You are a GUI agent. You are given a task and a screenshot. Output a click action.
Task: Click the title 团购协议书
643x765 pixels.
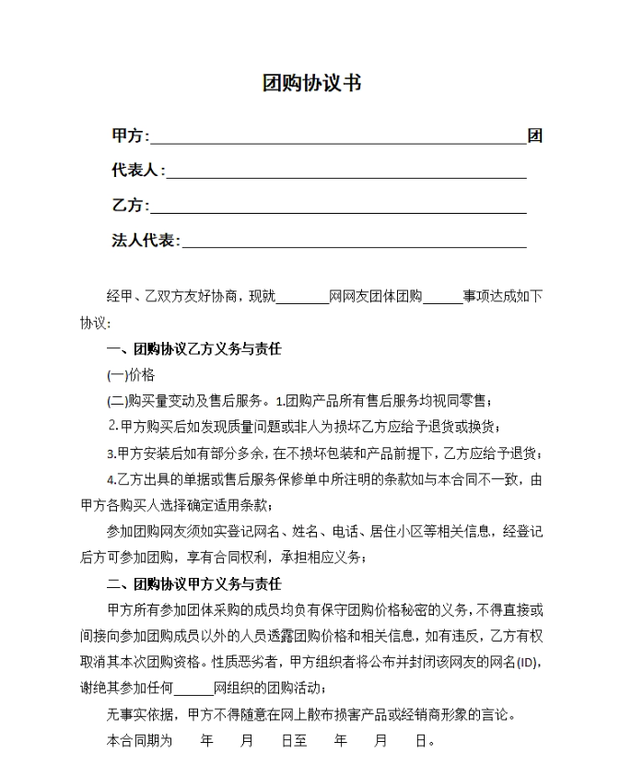[311, 84]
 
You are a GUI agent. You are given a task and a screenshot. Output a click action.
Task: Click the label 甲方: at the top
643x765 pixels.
[130, 136]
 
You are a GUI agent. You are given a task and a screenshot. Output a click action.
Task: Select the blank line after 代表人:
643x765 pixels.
[345, 171]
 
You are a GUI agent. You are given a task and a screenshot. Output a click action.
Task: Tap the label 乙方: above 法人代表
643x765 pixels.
[130, 206]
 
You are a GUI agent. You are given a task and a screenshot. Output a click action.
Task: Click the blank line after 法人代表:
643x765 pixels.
[354, 241]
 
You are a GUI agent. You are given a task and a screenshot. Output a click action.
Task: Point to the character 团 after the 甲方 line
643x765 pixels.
[534, 136]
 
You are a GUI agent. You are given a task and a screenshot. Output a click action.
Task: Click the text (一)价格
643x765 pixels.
[131, 375]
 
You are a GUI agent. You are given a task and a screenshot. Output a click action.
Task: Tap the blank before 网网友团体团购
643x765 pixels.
[302, 297]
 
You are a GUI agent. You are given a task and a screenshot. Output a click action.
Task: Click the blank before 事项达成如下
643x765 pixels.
[442, 297]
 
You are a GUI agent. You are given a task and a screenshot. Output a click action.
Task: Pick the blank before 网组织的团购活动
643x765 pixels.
[193, 688]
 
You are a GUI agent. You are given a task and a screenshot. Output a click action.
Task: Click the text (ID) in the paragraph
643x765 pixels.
[526, 663]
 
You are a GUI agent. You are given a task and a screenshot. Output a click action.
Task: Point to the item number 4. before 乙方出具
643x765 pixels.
[111, 480]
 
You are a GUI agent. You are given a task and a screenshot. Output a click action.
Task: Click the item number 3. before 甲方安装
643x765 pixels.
[111, 453]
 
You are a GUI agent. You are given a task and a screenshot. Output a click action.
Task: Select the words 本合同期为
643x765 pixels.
[139, 741]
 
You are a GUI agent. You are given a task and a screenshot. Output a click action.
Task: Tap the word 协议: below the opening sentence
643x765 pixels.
[95, 324]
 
